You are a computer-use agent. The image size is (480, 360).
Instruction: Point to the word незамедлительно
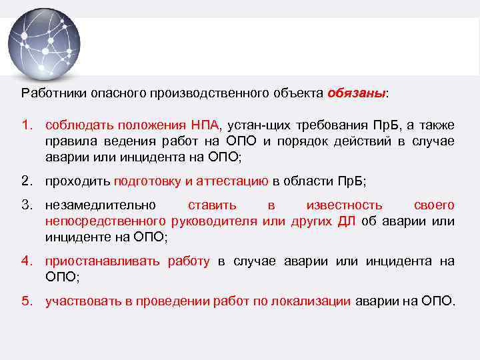pos(101,205)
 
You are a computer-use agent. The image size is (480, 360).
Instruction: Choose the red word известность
pos(344,205)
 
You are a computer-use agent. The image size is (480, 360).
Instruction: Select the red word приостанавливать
pos(102,261)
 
